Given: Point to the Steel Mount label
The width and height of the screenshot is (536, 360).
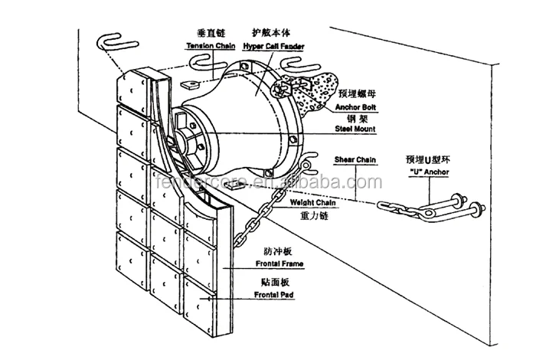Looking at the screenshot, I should click(355, 131).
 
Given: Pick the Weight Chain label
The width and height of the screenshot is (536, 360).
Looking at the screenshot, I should click(309, 203).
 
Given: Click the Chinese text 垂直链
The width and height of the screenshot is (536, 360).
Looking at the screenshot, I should click(210, 33).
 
